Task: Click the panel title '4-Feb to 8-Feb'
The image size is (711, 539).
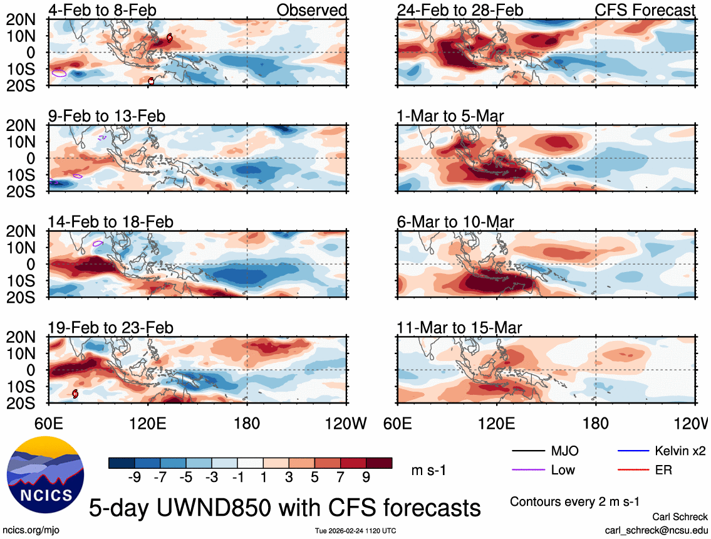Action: [x=102, y=10]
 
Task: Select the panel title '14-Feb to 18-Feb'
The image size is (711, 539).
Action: [x=110, y=222]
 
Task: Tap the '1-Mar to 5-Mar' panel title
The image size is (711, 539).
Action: [x=450, y=116]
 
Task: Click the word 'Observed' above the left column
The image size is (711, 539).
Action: [x=311, y=10]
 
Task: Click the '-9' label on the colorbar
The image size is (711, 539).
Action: [x=133, y=478]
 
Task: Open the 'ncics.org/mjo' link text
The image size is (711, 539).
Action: [x=29, y=530]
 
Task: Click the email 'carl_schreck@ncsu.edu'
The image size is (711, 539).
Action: [x=657, y=530]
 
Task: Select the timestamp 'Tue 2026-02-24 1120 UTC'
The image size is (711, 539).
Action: [x=356, y=531]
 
